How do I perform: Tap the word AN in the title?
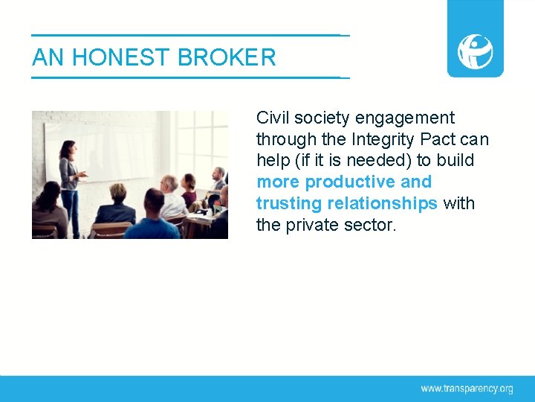pyautogui.click(x=48, y=57)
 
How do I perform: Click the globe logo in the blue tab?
pyautogui.click(x=475, y=51)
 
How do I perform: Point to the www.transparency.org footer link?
pyautogui.click(x=467, y=389)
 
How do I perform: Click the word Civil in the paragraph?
pyautogui.click(x=273, y=118)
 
